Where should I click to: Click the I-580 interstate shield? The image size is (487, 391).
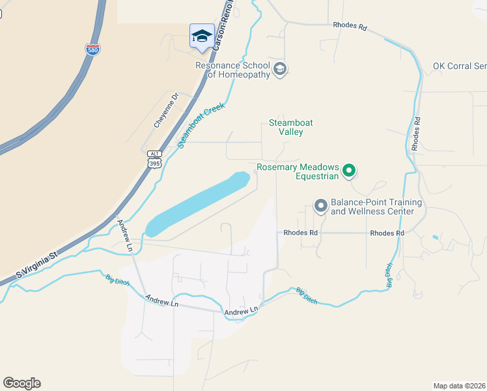click(92, 50)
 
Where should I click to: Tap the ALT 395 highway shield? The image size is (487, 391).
click(154, 159)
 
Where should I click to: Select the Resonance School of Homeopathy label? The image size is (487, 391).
click(233, 70)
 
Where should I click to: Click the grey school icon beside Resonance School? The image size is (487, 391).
click(280, 69)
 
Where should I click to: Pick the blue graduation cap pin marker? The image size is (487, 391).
click(202, 36)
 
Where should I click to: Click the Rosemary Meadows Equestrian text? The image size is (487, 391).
click(298, 171)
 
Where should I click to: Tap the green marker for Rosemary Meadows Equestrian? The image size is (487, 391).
click(349, 171)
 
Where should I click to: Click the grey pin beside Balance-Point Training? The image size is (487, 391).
click(320, 206)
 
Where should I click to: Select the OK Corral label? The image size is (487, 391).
click(460, 66)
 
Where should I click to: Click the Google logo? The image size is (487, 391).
click(21, 383)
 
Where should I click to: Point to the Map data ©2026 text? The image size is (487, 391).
click(459, 385)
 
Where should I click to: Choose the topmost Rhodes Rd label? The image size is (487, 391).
click(350, 27)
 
